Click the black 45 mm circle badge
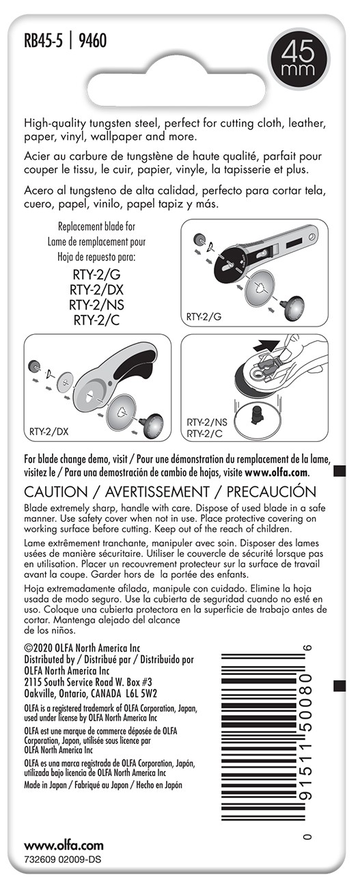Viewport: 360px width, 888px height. pos(299,58)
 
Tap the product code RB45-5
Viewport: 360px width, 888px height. pos(43,41)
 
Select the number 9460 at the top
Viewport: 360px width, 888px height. pos(93,41)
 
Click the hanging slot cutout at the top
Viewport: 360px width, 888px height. pos(176,89)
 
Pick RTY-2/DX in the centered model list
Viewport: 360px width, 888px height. pos(96,290)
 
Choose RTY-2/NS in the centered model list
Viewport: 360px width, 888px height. pos(96,305)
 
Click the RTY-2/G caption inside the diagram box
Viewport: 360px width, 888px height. pos(204,317)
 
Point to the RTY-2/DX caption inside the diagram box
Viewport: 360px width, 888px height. pos(49,431)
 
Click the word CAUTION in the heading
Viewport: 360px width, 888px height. pos(55,492)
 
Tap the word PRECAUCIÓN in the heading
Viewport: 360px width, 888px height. pos(271,492)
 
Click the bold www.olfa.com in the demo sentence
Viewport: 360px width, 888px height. pos(277,472)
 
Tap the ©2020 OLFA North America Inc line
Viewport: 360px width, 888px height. pos(82,648)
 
